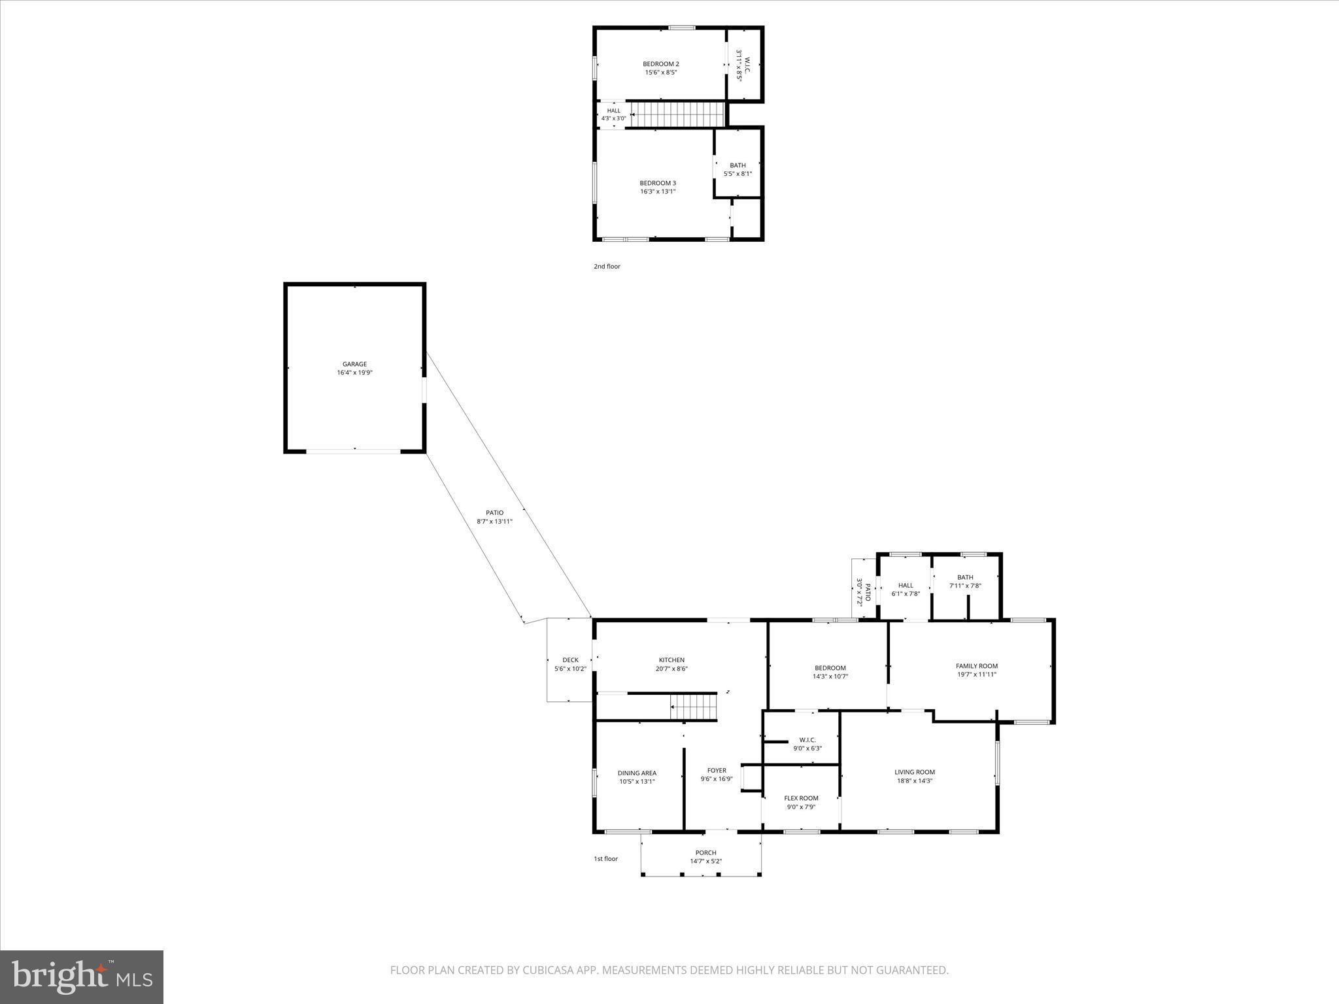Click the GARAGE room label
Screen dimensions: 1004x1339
click(x=354, y=364)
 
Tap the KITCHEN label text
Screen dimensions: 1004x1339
click(x=671, y=660)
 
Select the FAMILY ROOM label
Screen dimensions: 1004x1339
click(x=976, y=666)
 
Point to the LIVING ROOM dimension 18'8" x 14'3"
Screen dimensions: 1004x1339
click(x=915, y=780)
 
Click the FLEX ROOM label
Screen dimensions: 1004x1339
click(x=801, y=798)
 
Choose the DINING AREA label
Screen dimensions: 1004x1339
click(x=636, y=773)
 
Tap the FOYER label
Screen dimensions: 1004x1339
click(x=717, y=771)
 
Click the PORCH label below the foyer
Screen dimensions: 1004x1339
click(x=705, y=852)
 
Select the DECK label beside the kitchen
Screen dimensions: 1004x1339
click(x=570, y=660)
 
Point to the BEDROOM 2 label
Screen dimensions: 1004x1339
click(x=660, y=64)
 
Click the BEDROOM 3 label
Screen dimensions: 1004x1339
click(x=657, y=183)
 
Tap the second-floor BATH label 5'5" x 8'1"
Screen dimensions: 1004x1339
click(x=737, y=165)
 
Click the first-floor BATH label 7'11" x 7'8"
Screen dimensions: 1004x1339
click(x=965, y=577)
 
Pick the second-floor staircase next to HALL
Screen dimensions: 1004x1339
click(x=677, y=114)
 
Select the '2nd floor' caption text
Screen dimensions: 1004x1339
click(x=607, y=267)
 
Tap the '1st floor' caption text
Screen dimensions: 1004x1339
click(x=605, y=859)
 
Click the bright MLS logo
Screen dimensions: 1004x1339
click(x=82, y=976)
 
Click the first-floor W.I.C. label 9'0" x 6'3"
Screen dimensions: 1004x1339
click(x=807, y=740)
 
